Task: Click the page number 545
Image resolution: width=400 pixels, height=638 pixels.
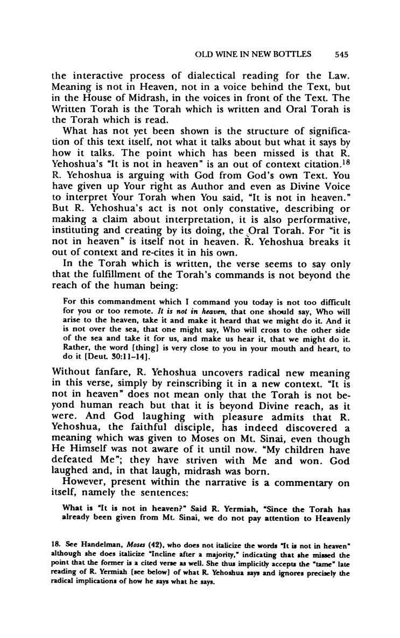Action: click(342, 54)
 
